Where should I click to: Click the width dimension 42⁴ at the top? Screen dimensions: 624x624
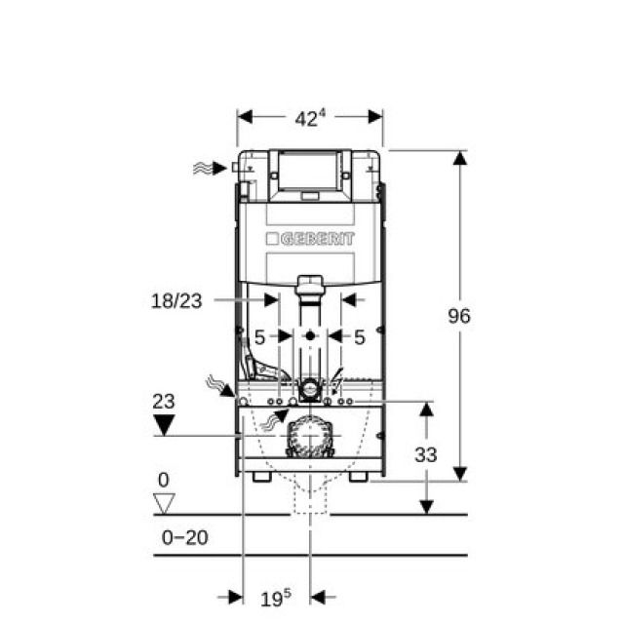(x=309, y=118)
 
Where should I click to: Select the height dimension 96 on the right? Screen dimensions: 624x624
(x=459, y=316)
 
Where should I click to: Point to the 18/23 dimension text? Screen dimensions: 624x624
(x=177, y=301)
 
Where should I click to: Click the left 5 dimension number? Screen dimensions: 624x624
(x=259, y=337)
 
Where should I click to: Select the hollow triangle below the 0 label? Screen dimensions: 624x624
(x=164, y=503)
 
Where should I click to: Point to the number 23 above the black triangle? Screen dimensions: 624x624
(x=164, y=401)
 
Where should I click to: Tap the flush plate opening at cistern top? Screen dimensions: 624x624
(x=309, y=171)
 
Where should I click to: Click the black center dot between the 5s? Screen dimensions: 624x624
(x=310, y=336)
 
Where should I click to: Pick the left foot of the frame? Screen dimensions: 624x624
(x=258, y=478)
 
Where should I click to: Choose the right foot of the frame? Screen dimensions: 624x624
(x=360, y=478)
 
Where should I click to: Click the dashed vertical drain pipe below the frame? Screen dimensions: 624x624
(x=309, y=502)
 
